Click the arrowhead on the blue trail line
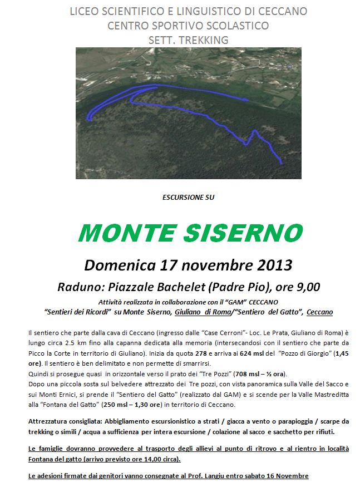(245, 100)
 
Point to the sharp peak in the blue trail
(254, 132)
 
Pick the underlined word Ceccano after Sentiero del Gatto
(320, 312)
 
